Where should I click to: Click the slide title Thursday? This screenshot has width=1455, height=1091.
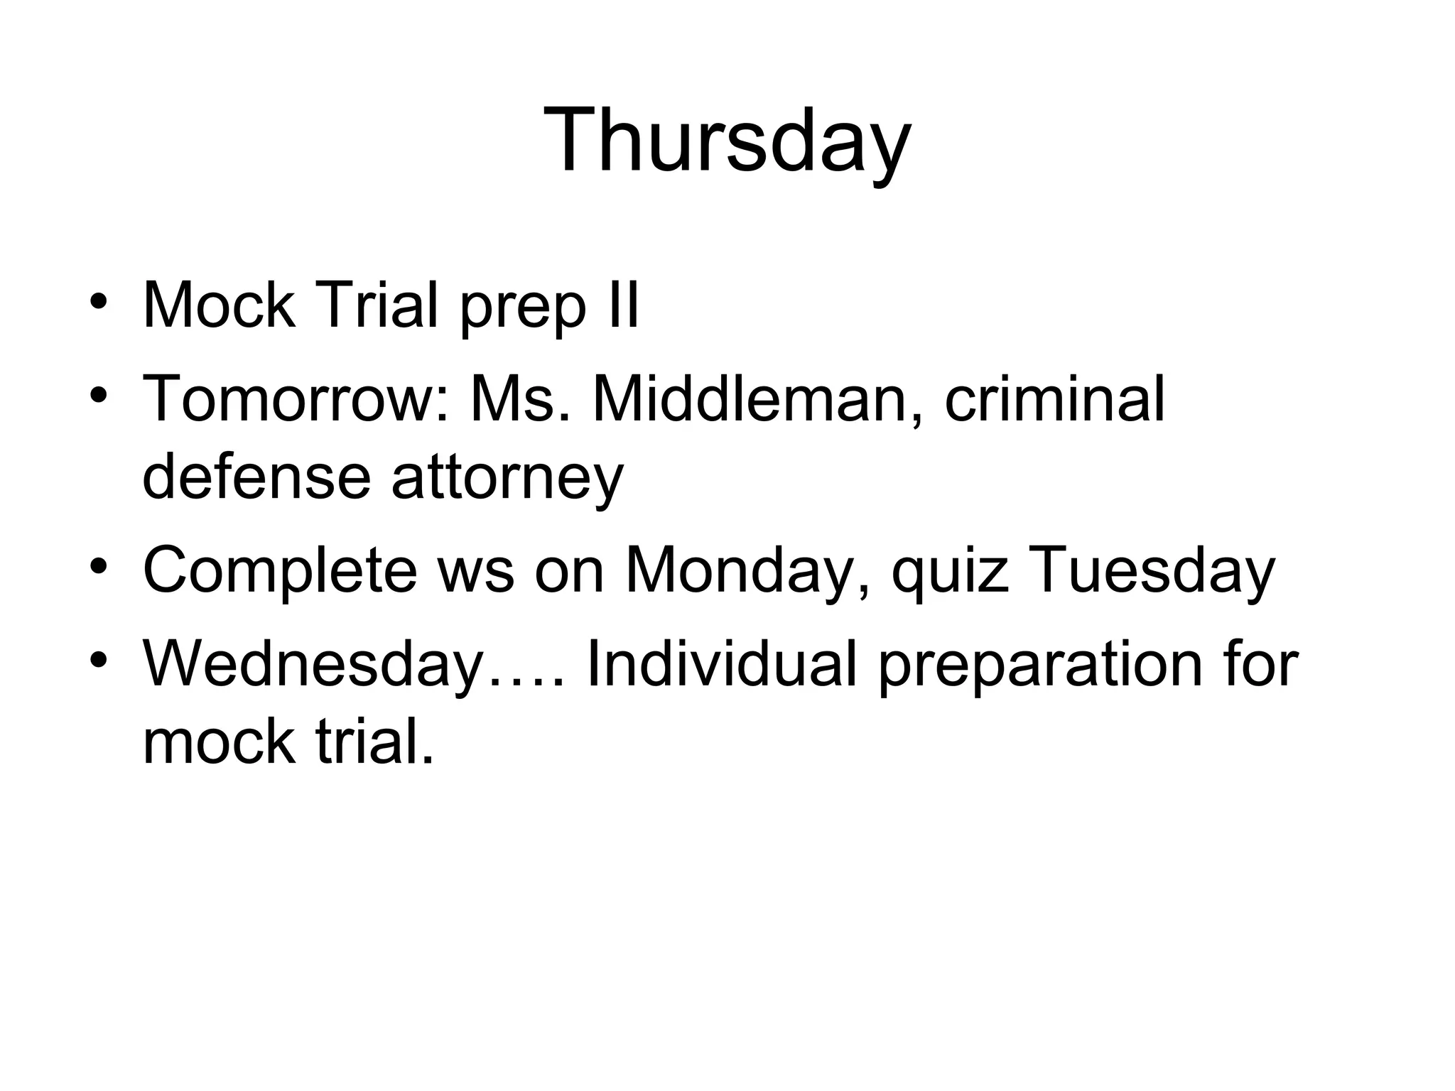(x=727, y=140)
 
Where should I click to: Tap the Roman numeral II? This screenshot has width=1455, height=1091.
(x=623, y=306)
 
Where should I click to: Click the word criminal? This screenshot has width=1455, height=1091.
(x=1054, y=399)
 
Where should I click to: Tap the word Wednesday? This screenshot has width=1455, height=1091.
(x=313, y=665)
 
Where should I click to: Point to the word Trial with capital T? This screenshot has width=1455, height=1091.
(x=377, y=306)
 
